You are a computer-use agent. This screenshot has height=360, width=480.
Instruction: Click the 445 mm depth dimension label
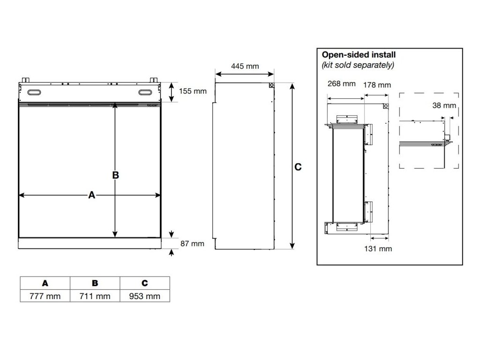tap(245, 66)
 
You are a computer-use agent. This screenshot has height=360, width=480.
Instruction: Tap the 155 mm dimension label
tap(193, 91)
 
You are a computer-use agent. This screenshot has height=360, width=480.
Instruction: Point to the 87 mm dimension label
tap(192, 243)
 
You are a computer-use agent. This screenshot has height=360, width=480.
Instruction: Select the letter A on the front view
tap(92, 195)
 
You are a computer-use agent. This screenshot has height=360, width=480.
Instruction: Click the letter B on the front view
tap(116, 175)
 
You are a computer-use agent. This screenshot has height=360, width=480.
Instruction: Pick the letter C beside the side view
tap(298, 167)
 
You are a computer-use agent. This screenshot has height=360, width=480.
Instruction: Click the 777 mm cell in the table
tap(45, 296)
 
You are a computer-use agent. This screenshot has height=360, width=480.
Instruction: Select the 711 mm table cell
tap(95, 296)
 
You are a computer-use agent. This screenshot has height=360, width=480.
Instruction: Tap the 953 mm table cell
tap(145, 296)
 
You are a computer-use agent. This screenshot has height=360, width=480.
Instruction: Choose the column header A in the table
tap(45, 283)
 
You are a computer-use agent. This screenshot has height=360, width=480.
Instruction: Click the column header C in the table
tap(145, 283)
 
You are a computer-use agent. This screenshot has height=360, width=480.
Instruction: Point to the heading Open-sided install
tap(359, 55)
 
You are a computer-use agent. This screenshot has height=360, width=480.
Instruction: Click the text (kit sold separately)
tap(358, 65)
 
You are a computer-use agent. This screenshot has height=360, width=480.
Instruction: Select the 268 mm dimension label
tap(342, 84)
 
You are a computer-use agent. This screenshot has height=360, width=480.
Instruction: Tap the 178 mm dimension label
tap(377, 85)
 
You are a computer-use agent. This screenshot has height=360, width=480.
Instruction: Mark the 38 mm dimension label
tap(444, 105)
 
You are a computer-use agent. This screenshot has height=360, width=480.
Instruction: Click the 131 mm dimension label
tap(378, 248)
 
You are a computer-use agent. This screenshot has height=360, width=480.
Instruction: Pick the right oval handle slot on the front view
tap(146, 92)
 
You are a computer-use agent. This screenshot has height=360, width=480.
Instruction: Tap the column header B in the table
tap(95, 283)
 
